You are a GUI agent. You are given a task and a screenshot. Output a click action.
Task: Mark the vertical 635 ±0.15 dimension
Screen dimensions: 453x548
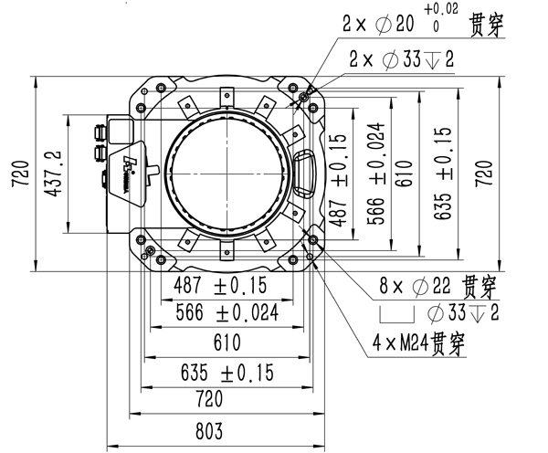tap(444, 172)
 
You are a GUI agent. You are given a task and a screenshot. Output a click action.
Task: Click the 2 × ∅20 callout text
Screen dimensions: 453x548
tap(400, 25)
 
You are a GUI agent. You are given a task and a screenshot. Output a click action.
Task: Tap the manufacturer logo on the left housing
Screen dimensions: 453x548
tap(131, 169)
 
